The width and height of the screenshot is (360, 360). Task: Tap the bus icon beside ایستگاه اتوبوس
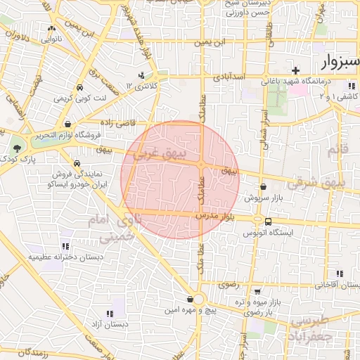pyautogui.click(x=268, y=221)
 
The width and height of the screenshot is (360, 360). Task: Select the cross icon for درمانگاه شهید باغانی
pyautogui.click(x=296, y=70)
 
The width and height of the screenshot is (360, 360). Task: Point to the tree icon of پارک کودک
pyautogui.click(x=17, y=148)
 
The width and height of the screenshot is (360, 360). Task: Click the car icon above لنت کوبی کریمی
pyautogui.click(x=79, y=88)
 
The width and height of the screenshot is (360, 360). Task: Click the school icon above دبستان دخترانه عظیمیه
pyautogui.click(x=65, y=247)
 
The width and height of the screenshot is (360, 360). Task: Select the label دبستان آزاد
pyautogui.click(x=108, y=324)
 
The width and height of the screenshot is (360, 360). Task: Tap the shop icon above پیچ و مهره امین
pyautogui.click(x=190, y=298)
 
